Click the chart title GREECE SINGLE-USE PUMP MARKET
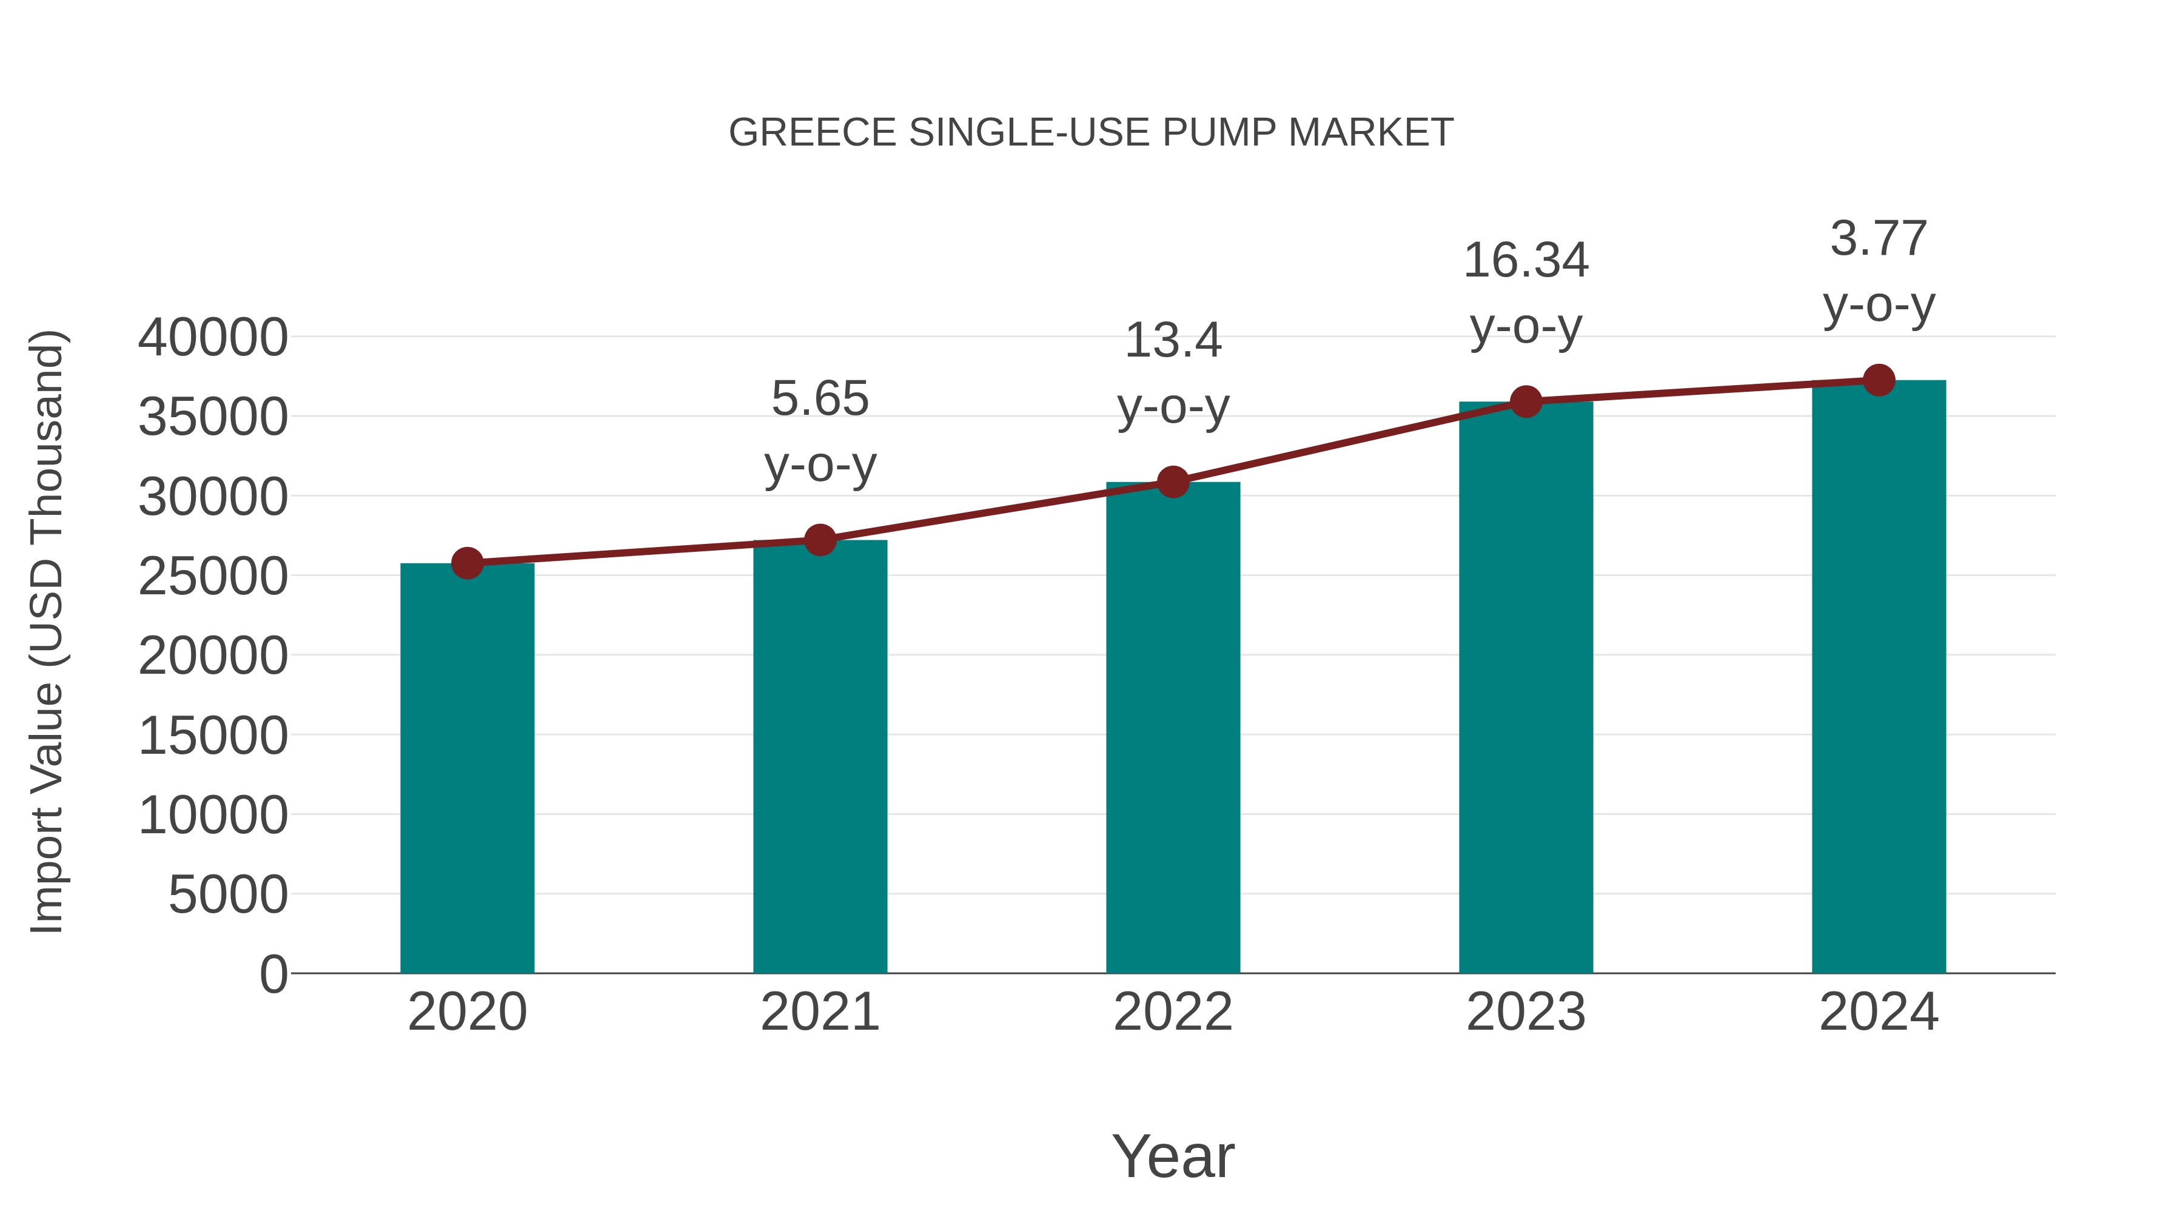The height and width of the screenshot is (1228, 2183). coord(1091,133)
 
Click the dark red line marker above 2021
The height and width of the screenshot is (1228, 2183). coord(820,540)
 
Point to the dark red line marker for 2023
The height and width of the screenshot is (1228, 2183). coord(1526,401)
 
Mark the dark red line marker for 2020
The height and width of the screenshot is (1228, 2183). coord(467,563)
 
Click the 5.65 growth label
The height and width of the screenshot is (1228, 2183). coord(820,398)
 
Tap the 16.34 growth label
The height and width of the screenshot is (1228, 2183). coord(1526,260)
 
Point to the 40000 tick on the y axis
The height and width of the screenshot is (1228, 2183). coord(213,337)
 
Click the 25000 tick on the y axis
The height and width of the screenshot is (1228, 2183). coord(213,576)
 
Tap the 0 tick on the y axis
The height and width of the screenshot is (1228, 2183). coord(273,974)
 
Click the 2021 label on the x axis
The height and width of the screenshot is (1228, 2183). coord(820,1012)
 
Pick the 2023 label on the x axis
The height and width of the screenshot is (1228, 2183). coord(1526,1012)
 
